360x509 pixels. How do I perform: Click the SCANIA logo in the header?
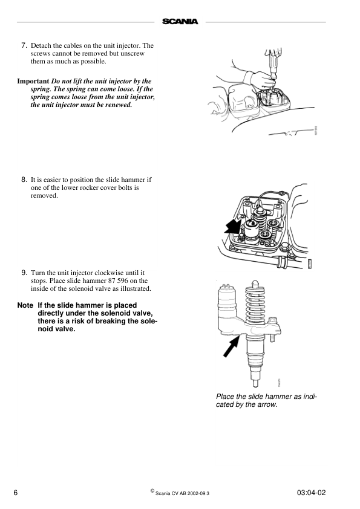click(180, 22)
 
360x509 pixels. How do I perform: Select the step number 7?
click(24, 45)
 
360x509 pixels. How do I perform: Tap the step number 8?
click(24, 180)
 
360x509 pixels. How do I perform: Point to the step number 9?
click(24, 273)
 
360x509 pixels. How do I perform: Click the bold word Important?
click(33, 80)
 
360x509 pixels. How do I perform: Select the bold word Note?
click(25, 305)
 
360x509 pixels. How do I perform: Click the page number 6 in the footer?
click(16, 493)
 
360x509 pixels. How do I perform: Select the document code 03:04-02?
click(312, 493)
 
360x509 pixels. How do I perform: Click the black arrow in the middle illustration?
click(232, 227)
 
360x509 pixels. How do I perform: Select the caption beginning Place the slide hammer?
click(266, 400)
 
